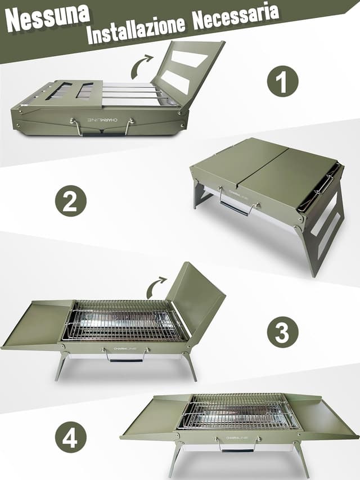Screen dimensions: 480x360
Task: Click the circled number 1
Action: tap(282, 82)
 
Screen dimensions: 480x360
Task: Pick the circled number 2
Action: tap(71, 201)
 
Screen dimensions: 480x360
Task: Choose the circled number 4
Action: tap(71, 437)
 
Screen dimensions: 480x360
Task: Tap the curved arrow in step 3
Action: tap(156, 286)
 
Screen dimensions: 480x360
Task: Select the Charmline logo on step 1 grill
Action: tap(102, 121)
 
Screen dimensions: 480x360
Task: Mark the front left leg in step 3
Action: tap(61, 366)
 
